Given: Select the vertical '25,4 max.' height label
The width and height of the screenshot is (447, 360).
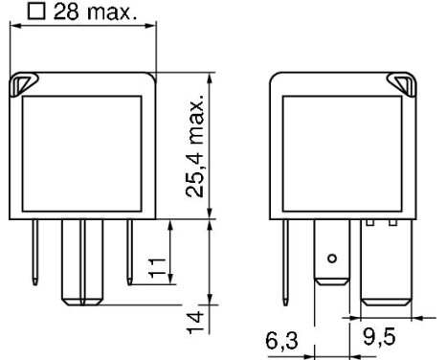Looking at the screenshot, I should point(196,144).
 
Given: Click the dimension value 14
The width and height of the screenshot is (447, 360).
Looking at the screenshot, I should point(196,319).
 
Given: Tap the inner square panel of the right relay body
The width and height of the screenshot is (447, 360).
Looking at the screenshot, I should point(341,153).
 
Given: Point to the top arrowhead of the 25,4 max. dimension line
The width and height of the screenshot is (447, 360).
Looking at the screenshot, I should point(210,78).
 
